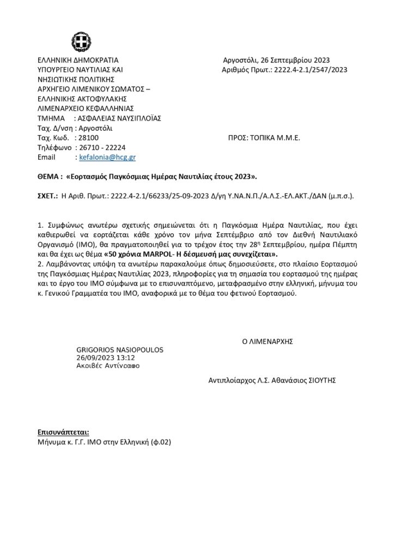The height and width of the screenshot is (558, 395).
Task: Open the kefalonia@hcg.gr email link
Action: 107,157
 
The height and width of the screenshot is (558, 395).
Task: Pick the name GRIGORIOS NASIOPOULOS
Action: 120,349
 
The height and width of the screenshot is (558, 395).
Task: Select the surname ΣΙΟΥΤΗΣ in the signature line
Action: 320,381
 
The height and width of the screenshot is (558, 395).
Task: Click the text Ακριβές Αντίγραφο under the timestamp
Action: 108,366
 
